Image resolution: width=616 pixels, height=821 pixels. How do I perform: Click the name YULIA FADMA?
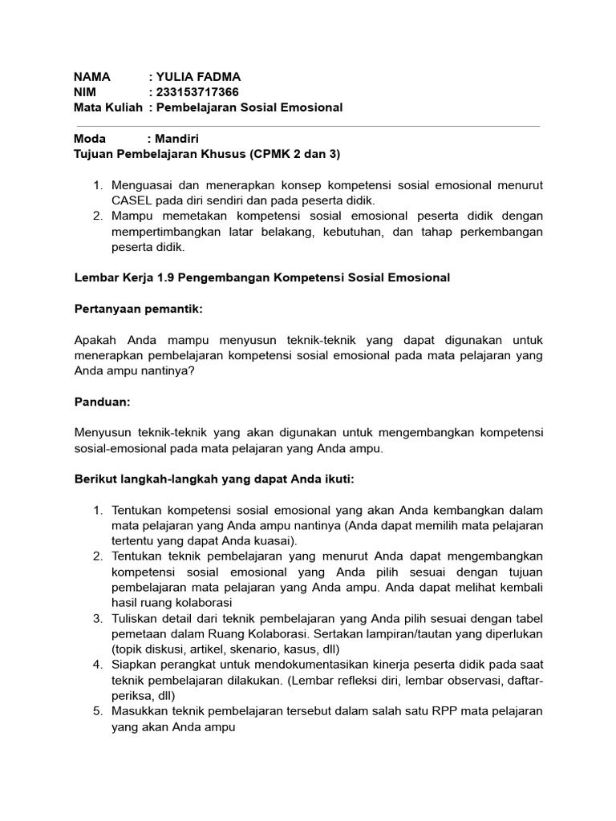(x=197, y=77)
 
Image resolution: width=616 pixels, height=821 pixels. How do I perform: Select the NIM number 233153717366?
(x=197, y=92)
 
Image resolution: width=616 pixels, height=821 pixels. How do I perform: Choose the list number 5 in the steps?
(x=97, y=711)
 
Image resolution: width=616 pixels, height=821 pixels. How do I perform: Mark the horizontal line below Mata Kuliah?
(x=308, y=126)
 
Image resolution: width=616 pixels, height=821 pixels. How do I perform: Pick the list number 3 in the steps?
(x=97, y=618)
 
